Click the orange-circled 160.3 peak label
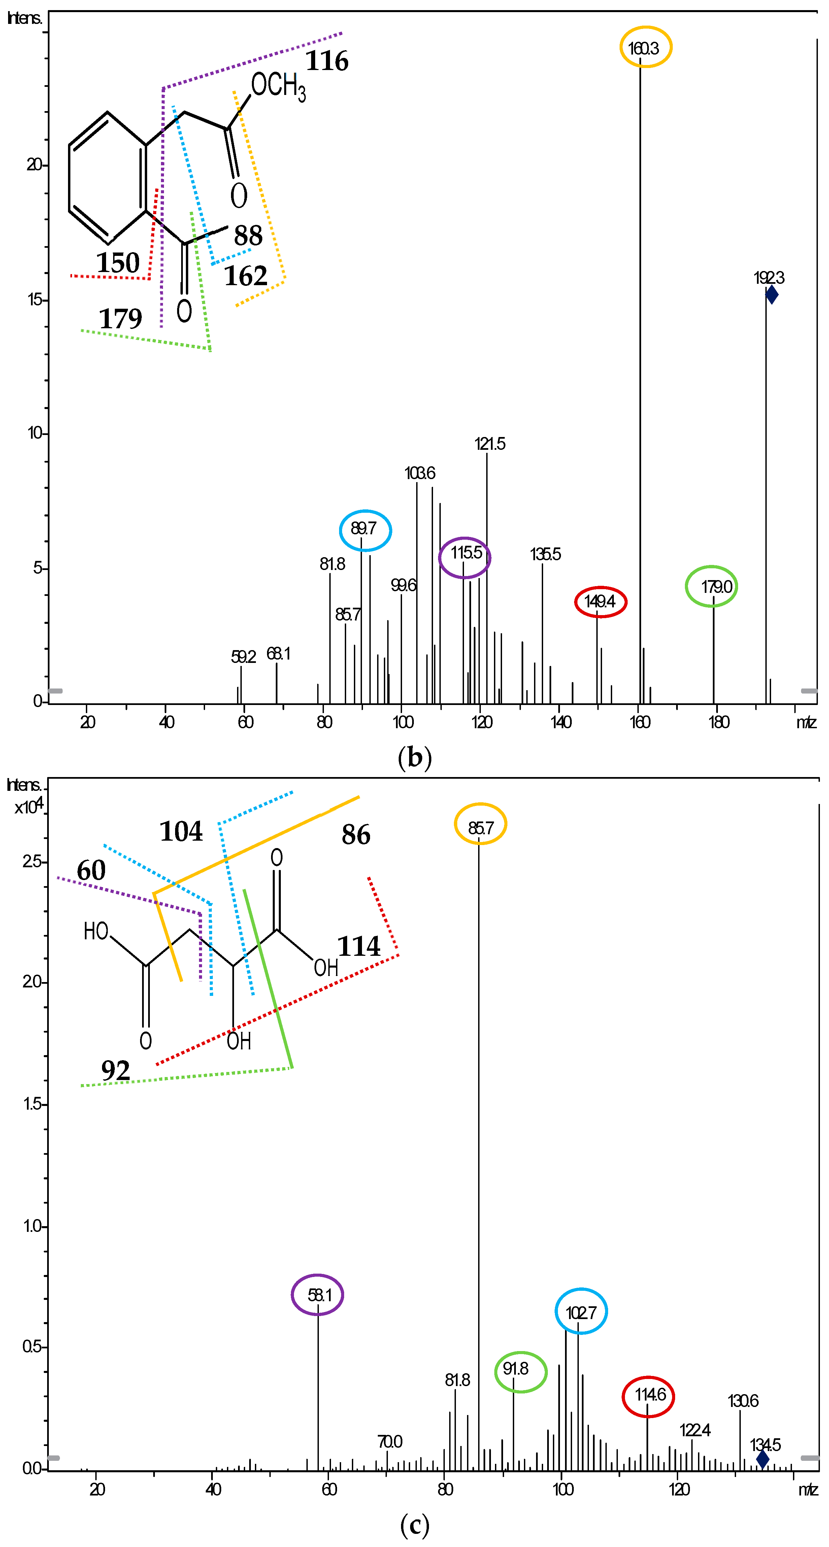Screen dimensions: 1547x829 pyautogui.click(x=645, y=47)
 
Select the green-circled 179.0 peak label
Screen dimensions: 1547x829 pyautogui.click(x=711, y=586)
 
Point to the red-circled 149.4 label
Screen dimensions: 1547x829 pyautogui.click(x=600, y=601)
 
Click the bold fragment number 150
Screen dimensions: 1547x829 pyautogui.click(x=118, y=263)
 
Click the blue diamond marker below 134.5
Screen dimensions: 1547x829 pyautogui.click(x=762, y=1459)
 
